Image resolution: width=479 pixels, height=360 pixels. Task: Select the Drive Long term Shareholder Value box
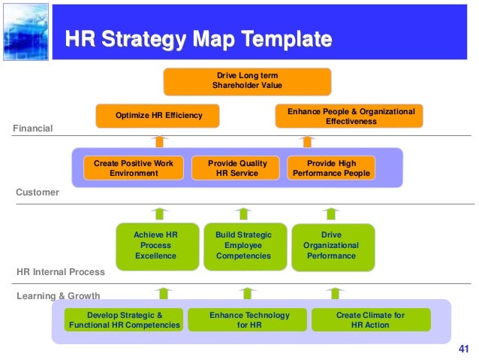(247, 81)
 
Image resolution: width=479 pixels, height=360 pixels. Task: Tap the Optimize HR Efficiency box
(158, 116)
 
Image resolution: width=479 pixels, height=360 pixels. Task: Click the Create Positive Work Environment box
(134, 168)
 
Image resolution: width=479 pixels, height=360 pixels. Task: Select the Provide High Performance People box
(332, 168)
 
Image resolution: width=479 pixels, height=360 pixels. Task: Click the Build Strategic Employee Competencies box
(244, 246)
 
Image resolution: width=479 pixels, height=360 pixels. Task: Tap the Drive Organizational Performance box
(331, 246)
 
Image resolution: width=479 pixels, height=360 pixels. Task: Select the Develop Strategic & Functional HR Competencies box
(125, 319)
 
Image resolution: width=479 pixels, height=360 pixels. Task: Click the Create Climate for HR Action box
(371, 319)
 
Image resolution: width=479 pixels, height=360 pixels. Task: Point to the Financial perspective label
(33, 129)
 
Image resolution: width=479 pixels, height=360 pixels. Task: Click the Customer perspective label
(38, 192)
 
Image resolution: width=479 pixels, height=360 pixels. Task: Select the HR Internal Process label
(61, 271)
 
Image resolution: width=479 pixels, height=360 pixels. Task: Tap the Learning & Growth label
(58, 296)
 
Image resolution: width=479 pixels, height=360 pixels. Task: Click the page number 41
(462, 349)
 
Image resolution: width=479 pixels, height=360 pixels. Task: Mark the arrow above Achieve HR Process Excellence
(161, 213)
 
